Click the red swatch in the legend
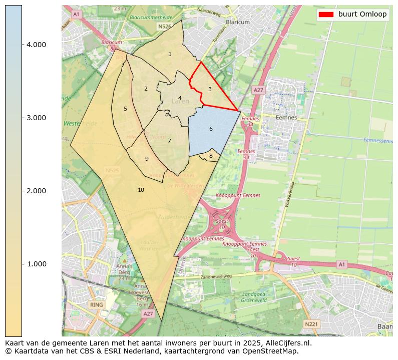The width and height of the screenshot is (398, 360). pyautogui.click(x=325, y=15)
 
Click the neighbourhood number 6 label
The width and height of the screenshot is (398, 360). pyautogui.click(x=211, y=129)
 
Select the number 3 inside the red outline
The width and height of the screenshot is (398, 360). pyautogui.click(x=210, y=90)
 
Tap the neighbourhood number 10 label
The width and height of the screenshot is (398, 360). pyautogui.click(x=141, y=190)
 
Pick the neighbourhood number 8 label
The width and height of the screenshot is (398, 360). pyautogui.click(x=211, y=156)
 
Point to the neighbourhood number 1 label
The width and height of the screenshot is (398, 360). pyautogui.click(x=170, y=54)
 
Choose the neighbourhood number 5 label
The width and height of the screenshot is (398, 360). pyautogui.click(x=125, y=109)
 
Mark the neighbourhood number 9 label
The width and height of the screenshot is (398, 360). pyautogui.click(x=147, y=159)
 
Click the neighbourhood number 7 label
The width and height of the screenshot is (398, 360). pyautogui.click(x=170, y=141)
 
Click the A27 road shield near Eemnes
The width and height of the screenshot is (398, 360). pyautogui.click(x=258, y=90)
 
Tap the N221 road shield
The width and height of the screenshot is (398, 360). pyautogui.click(x=311, y=324)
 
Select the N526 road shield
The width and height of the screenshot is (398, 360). pyautogui.click(x=164, y=26)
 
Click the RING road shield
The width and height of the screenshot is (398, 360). pyautogui.click(x=97, y=304)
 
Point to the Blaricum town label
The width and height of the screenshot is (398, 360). pyautogui.click(x=238, y=23)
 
